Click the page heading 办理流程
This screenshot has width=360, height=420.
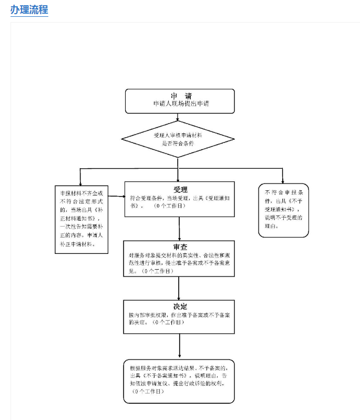coord(29,9)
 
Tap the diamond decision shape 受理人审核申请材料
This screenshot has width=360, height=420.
coord(178,139)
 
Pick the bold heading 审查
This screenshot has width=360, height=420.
coord(180,247)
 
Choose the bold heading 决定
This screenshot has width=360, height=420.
coord(180,306)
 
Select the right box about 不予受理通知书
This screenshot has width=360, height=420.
coord(283,210)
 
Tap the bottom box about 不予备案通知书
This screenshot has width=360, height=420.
coord(179,381)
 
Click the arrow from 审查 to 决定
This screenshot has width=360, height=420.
coord(180,288)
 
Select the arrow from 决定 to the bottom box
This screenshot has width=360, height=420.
coord(180,347)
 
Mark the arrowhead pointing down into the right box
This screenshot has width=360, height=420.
coord(283,180)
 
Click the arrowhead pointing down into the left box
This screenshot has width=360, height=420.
coord(80,182)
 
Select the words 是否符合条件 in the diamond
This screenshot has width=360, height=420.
coord(178,142)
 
